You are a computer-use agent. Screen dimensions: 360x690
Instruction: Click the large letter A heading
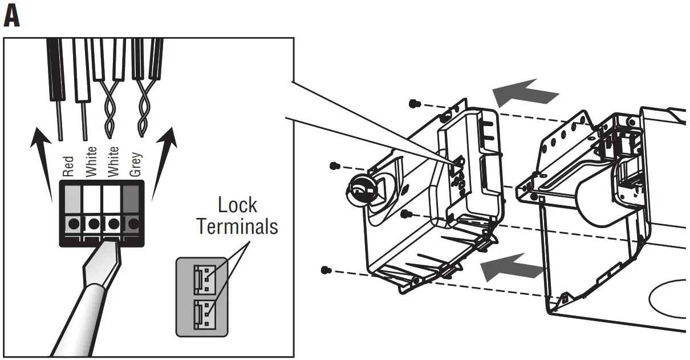(11, 17)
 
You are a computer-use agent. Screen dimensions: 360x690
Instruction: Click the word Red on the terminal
(68, 165)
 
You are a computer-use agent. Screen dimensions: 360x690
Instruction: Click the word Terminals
(237, 226)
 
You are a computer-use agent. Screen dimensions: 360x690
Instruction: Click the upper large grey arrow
(523, 92)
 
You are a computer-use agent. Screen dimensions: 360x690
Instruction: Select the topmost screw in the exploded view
(415, 103)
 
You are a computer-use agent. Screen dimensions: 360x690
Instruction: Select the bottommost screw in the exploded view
(326, 269)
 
